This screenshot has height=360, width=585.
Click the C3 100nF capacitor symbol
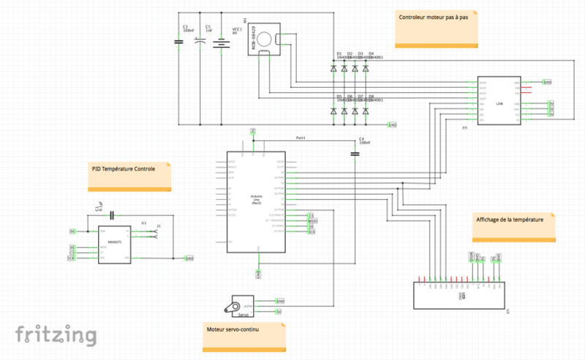tap(179, 42)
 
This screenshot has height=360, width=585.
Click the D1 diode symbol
tap(334, 68)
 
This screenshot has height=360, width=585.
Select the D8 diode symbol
tap(366, 111)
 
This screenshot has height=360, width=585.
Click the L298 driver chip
tap(499, 102)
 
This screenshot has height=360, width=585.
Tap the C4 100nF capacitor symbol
tap(355, 154)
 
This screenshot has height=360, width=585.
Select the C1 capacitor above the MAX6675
tap(112, 215)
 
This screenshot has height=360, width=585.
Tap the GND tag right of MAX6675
tap(189, 258)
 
